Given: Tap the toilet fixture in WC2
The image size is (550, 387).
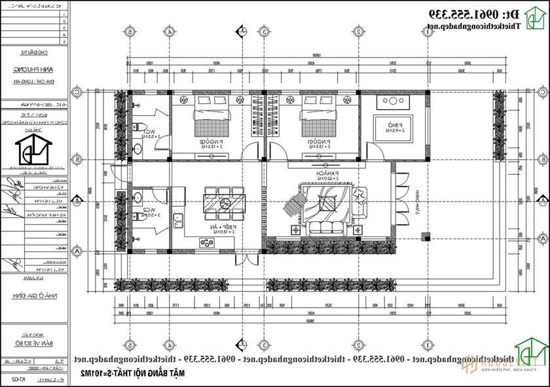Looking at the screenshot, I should coord(137,198).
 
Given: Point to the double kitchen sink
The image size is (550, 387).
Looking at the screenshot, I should coord(175,221).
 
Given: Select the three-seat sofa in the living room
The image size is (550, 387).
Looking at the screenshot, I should coord(327,229).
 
